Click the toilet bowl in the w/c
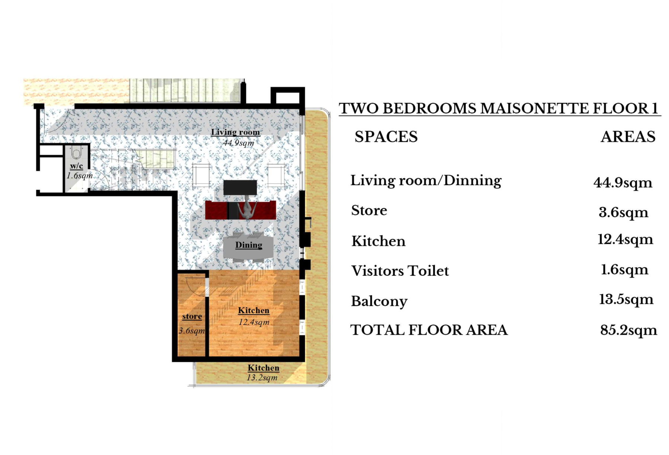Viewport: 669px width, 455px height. [x=76, y=153]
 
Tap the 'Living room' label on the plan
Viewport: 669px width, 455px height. [x=235, y=132]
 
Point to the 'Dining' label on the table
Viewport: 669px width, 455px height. [x=249, y=245]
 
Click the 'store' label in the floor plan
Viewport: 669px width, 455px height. [x=192, y=316]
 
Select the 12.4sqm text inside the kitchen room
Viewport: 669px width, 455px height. [x=254, y=322]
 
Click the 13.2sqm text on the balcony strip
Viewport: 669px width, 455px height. [x=262, y=378]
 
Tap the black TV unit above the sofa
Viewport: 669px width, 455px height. [x=240, y=188]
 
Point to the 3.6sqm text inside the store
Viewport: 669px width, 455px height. [x=192, y=330]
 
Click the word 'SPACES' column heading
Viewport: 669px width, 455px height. [x=386, y=137]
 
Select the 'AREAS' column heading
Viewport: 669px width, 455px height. [x=628, y=137]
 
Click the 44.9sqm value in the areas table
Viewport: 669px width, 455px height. [x=623, y=183]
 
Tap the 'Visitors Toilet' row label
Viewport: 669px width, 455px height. [x=400, y=271]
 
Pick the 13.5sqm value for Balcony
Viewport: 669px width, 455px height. [x=626, y=299]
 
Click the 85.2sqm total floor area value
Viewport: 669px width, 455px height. [x=629, y=330]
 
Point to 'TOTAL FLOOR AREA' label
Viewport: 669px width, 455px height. [x=429, y=330]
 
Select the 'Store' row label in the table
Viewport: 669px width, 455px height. [x=369, y=210]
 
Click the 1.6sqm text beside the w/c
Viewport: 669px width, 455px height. [x=80, y=175]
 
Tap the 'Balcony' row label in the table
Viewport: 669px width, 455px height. [x=379, y=301]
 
